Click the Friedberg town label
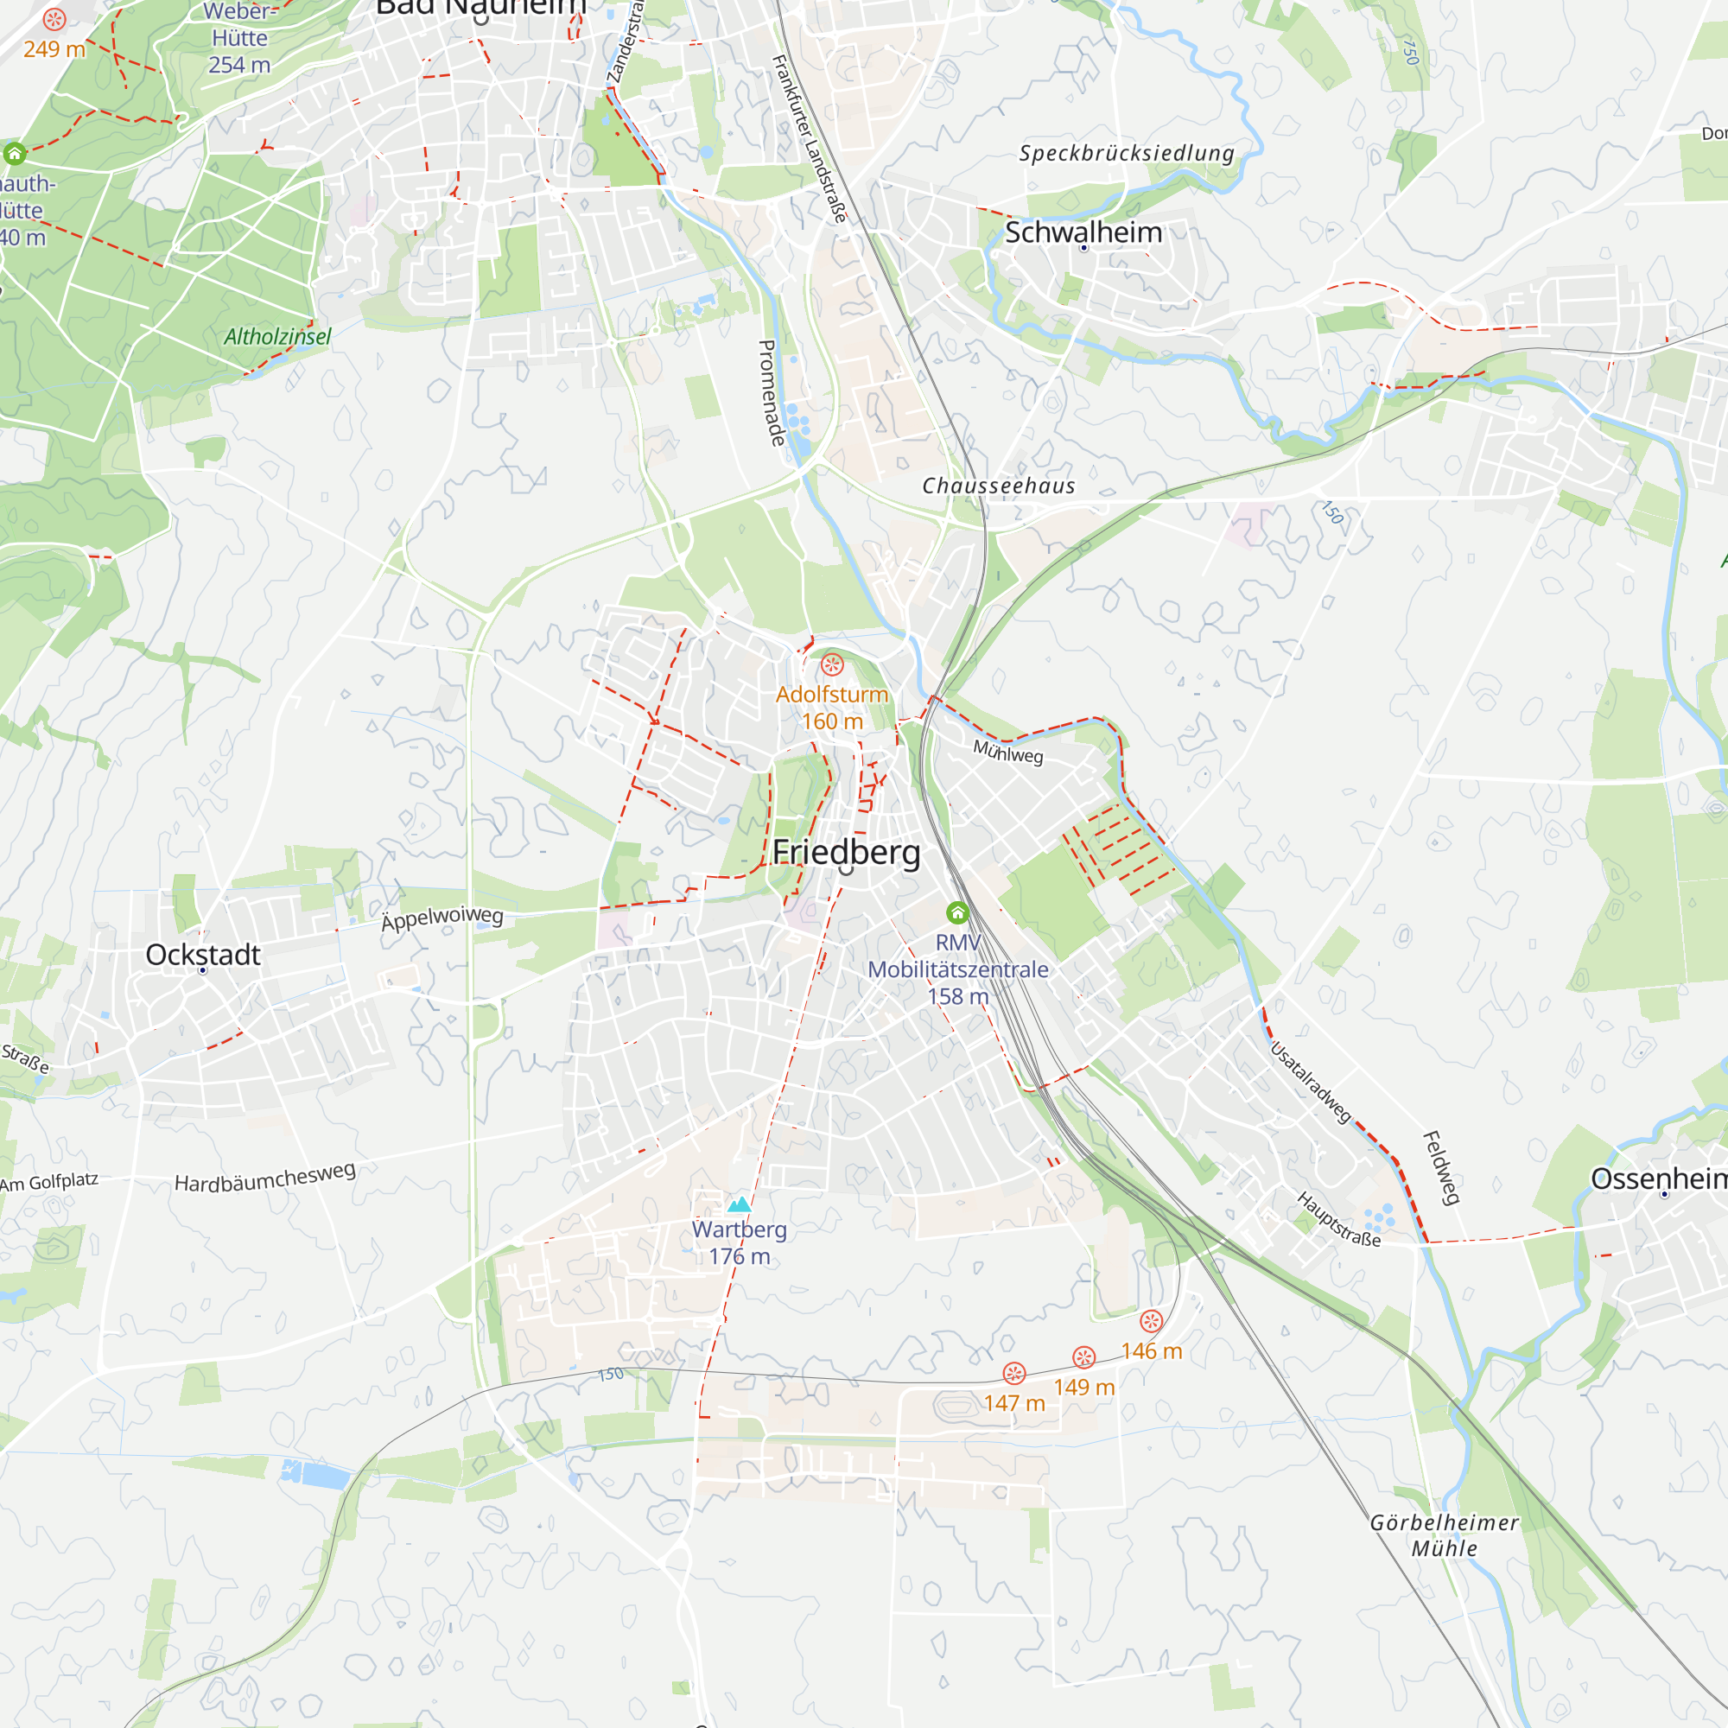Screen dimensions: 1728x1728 [x=846, y=853]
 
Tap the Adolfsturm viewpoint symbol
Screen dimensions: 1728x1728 [x=832, y=664]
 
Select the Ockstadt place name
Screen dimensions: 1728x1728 [x=203, y=955]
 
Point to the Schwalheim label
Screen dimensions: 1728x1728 [x=1083, y=232]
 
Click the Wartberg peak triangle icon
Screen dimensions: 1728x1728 [x=739, y=1204]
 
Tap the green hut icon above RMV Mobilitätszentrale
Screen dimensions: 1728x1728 [x=957, y=912]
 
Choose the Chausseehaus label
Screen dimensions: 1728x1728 [x=998, y=486]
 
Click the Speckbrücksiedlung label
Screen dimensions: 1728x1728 [x=1127, y=153]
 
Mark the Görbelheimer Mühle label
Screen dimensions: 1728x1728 [x=1445, y=1534]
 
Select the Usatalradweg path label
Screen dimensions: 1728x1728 [x=1311, y=1083]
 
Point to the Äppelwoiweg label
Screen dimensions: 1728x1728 [x=442, y=918]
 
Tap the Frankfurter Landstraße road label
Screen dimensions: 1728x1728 [x=809, y=138]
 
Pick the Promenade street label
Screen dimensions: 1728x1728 [x=770, y=392]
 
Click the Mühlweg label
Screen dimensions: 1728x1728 [x=1008, y=753]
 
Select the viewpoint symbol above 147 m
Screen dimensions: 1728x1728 [x=1013, y=1373]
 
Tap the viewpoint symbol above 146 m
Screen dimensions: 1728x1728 [x=1151, y=1321]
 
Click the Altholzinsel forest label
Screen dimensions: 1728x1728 [x=277, y=337]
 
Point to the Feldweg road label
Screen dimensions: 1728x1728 [x=1441, y=1168]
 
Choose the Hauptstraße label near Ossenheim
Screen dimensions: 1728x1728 [x=1339, y=1219]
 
